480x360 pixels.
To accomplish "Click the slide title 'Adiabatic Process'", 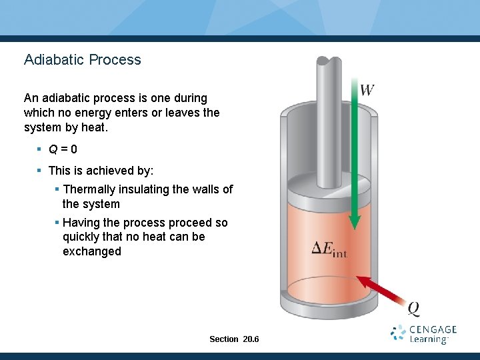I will point(83,59).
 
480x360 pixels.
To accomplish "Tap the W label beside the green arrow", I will point(367,89).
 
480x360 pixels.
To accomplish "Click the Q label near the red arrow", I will point(413,308).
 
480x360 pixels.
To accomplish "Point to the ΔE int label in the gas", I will point(330,249).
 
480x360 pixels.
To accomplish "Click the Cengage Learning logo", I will point(424,334).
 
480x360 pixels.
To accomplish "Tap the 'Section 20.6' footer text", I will point(234,339).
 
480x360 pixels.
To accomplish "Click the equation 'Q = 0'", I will point(63,149).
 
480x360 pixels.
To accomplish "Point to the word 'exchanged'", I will point(92,251).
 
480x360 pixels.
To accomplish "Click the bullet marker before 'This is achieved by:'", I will point(40,171).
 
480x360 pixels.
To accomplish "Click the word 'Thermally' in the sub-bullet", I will point(89,189).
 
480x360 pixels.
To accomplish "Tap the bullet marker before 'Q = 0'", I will point(40,149).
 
